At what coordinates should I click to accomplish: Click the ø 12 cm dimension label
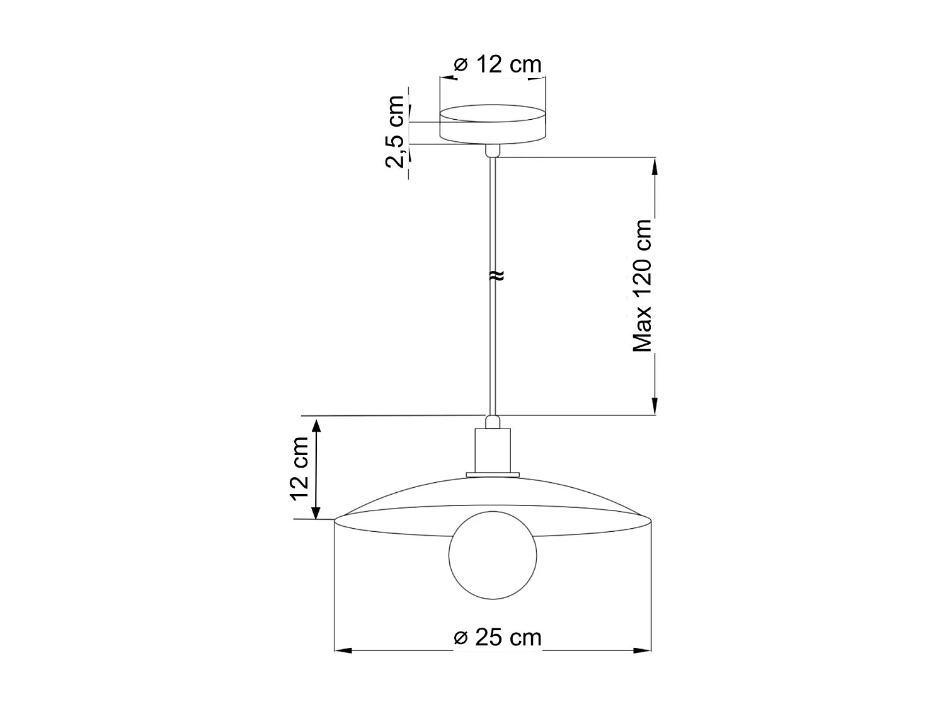coord(497,64)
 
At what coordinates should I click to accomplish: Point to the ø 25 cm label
coord(497,637)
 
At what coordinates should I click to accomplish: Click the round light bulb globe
coord(492,556)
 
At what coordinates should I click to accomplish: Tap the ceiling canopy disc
coord(492,125)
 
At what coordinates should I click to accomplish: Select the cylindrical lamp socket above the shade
coord(492,449)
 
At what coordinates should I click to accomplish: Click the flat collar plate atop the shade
coord(492,475)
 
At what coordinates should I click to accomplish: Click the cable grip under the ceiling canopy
coord(492,151)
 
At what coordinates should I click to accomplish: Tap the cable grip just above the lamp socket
coord(492,421)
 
